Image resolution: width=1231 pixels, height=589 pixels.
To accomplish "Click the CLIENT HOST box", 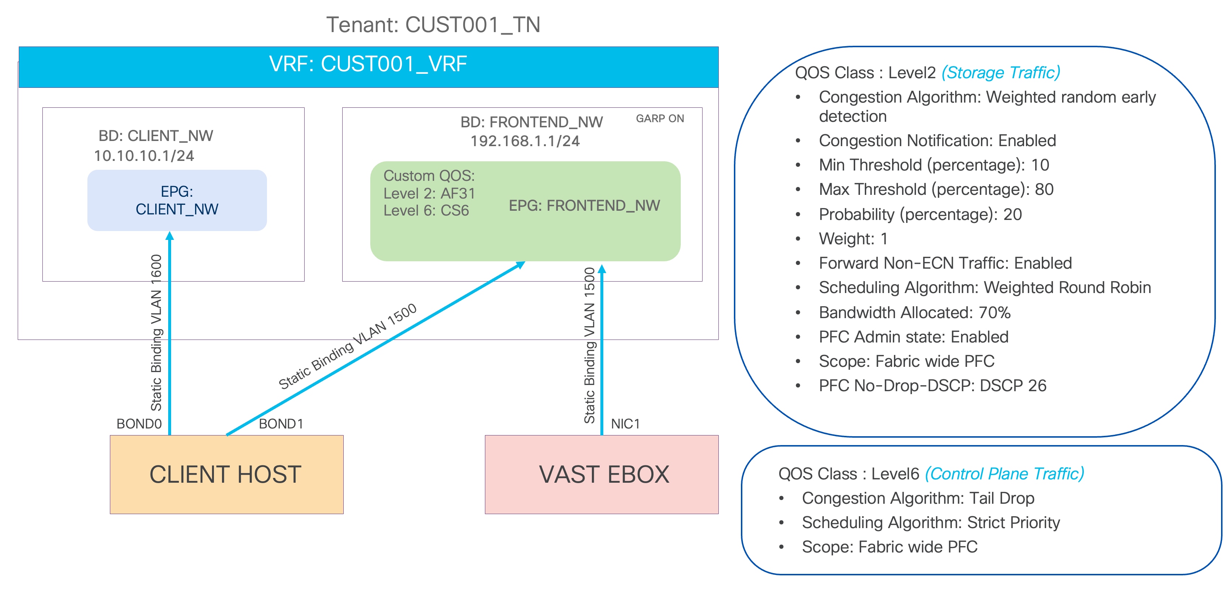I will tap(226, 474).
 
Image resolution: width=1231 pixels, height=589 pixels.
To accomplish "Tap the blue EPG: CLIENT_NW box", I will tap(177, 200).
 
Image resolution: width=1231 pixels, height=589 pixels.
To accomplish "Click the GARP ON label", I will tap(659, 118).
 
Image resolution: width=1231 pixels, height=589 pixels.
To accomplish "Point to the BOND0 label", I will tap(139, 424).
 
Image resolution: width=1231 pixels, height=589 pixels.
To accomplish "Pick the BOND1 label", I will tap(281, 424).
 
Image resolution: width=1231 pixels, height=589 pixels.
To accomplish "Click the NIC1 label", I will tap(625, 424).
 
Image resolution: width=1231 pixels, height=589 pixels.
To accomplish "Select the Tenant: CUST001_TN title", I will tap(433, 25).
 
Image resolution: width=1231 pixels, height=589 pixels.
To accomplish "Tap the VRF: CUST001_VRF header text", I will tap(368, 64).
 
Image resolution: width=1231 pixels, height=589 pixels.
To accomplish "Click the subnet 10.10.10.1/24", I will tap(144, 156).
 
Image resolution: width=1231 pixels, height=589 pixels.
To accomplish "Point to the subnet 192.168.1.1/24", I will tap(525, 141).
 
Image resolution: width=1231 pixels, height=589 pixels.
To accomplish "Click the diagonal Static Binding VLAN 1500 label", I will tap(347, 346).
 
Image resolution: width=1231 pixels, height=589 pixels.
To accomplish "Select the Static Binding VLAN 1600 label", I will tap(156, 333).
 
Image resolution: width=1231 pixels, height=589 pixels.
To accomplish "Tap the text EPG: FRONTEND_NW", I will tap(584, 206).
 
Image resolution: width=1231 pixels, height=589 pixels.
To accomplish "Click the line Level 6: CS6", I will tap(426, 210).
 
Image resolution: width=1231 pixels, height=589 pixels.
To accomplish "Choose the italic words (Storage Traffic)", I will tap(1001, 73).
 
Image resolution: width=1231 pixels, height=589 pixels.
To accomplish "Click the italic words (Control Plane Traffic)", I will tap(1005, 474).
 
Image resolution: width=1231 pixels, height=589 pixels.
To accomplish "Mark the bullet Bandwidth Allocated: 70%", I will tap(915, 313).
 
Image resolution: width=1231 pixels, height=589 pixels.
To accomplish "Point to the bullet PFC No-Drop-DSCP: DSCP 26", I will tap(932, 386).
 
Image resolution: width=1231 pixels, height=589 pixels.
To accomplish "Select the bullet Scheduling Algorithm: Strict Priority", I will tap(930, 523).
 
